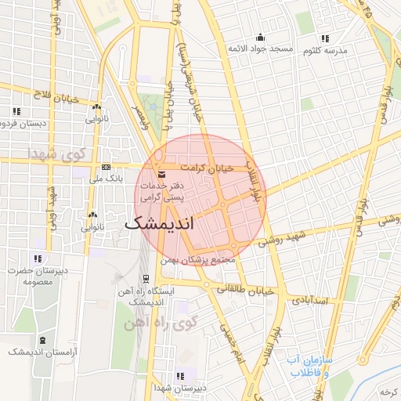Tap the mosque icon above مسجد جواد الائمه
261,38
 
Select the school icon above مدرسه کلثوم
323,38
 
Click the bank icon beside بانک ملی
107,167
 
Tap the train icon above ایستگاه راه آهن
146,280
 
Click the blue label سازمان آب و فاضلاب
309,367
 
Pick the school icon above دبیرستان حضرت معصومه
37,258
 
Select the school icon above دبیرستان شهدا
181,375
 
